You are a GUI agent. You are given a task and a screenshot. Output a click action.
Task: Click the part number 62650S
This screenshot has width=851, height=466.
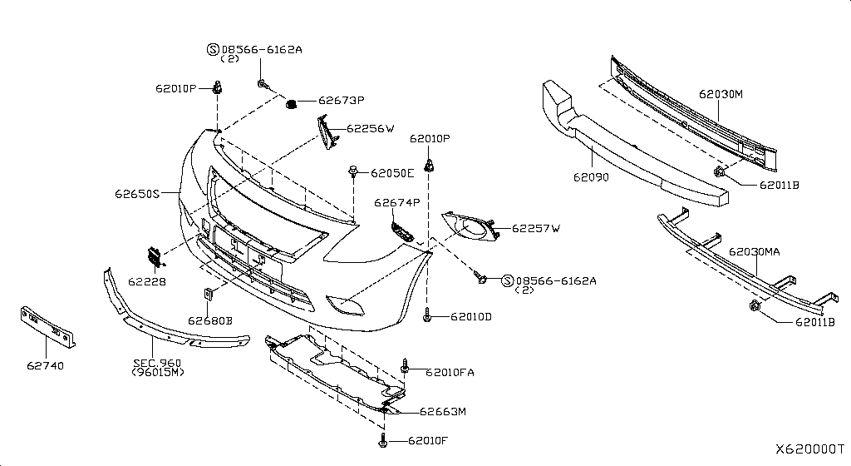click(x=137, y=193)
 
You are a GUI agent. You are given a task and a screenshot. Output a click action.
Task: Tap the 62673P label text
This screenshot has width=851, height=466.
click(x=341, y=101)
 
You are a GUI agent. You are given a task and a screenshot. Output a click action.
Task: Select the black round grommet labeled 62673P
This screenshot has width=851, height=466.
click(x=291, y=103)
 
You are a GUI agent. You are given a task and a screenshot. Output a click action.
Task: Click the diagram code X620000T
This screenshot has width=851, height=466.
click(x=809, y=449)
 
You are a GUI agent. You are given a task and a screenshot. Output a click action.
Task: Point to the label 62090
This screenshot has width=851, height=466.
click(x=591, y=177)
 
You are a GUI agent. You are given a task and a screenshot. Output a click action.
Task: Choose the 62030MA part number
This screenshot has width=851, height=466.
click(x=755, y=251)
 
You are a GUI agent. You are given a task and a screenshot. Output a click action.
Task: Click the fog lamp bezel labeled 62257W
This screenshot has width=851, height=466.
click(x=470, y=226)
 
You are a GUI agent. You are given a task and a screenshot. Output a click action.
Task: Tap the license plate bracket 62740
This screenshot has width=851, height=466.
click(x=47, y=326)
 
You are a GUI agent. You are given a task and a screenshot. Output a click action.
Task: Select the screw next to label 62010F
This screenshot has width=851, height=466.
click(x=382, y=441)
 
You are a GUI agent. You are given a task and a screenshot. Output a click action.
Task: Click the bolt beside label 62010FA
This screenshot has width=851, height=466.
click(x=405, y=366)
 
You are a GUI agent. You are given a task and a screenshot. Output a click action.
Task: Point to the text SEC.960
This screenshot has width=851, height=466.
click(x=157, y=363)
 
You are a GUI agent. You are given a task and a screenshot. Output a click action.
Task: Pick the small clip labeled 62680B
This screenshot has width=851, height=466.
click(x=208, y=295)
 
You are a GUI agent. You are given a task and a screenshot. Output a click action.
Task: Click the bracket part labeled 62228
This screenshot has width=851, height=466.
click(x=155, y=258)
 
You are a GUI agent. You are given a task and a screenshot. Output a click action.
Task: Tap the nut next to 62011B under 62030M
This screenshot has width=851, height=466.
click(x=719, y=173)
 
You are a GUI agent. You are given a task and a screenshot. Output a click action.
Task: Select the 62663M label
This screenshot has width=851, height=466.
click(x=443, y=411)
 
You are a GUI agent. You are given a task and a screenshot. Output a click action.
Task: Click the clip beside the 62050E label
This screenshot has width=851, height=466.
click(x=353, y=171)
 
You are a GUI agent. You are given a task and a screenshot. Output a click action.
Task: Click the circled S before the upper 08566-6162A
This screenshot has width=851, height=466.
click(x=213, y=49)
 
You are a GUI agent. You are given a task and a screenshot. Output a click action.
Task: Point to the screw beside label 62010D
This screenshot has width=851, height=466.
click(x=427, y=315)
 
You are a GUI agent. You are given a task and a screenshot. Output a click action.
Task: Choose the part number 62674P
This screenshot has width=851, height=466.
click(x=397, y=203)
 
